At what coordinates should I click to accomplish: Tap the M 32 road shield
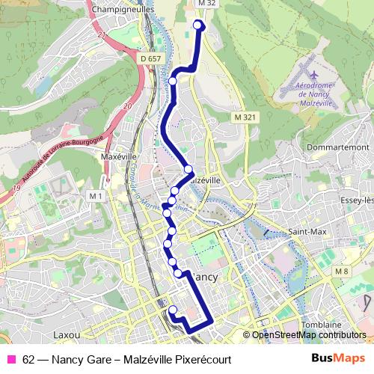coord(207,4)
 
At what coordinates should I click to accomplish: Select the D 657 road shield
coord(150,58)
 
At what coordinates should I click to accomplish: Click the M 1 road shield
coord(95,195)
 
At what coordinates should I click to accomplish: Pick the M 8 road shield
coord(342,271)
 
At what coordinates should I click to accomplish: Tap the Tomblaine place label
coord(322,325)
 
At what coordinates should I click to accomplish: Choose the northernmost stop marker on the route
coord(199,25)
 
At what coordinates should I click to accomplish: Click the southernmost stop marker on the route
coord(173,310)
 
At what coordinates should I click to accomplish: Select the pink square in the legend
coord(11,359)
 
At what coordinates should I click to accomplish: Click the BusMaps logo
coord(337,359)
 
